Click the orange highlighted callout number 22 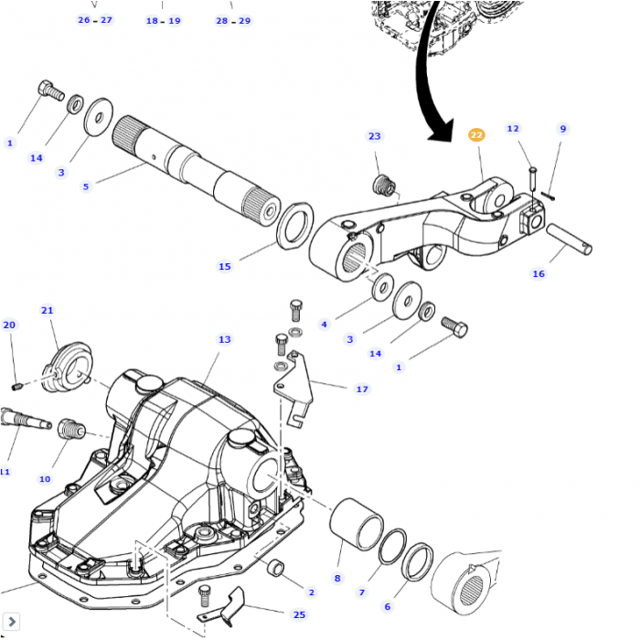click(x=476, y=134)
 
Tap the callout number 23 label click(x=374, y=136)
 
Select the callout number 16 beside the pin click(x=538, y=272)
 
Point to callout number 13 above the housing click(x=224, y=339)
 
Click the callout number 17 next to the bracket click(x=362, y=389)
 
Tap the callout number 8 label click(x=336, y=578)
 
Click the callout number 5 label click(x=86, y=187)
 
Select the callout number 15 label click(x=224, y=266)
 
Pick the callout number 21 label click(x=47, y=310)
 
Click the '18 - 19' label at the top click(x=164, y=19)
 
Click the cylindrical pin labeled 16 click(x=570, y=240)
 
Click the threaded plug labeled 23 click(x=384, y=187)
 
